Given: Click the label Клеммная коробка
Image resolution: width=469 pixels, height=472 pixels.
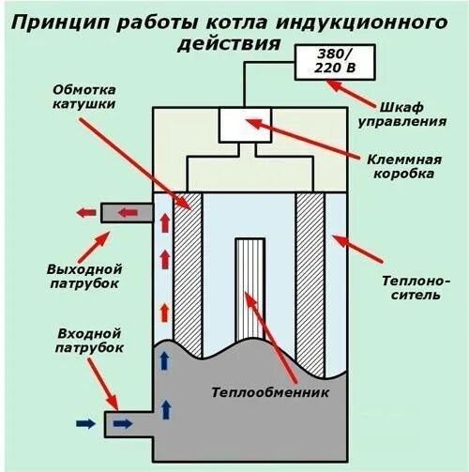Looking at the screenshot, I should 410,167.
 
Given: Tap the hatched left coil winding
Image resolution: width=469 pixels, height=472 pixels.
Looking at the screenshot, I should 189,272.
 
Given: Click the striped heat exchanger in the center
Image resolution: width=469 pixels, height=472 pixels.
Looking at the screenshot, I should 250,286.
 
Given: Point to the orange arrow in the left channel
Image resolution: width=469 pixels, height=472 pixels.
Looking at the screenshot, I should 166,312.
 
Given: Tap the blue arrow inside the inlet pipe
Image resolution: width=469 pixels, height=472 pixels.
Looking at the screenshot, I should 122,424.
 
